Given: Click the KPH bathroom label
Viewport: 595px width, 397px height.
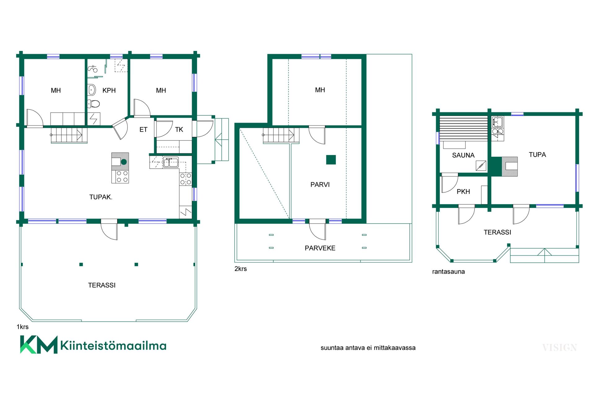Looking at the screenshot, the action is (x=109, y=91).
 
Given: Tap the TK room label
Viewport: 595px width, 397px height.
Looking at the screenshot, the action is (x=179, y=130).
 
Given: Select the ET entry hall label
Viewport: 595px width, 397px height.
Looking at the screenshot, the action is (x=143, y=130).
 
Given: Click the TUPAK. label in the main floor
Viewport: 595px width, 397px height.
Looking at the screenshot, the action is (x=101, y=197).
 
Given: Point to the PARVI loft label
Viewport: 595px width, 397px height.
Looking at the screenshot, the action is (x=320, y=185).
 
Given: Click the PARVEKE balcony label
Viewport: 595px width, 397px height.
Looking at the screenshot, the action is (x=320, y=248).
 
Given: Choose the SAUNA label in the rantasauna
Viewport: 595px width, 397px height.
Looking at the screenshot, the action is (x=463, y=155).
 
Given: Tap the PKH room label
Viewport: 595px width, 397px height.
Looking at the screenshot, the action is (x=463, y=192).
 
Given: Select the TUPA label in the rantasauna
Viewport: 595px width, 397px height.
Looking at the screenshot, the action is (x=537, y=155).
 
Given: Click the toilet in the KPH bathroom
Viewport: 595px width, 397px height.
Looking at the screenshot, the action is (x=93, y=103).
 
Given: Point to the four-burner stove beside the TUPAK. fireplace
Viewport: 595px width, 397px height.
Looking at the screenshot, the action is (x=122, y=176).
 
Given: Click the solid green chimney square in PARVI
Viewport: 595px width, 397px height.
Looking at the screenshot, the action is (x=331, y=160).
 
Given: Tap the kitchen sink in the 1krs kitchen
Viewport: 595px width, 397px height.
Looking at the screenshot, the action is (x=171, y=162).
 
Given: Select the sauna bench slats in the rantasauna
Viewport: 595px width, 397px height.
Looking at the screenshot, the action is (x=464, y=129).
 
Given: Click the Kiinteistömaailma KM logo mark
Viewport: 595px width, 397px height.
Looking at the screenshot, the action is (x=39, y=345).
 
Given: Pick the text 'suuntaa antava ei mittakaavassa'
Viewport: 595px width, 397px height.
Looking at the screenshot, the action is (x=368, y=348).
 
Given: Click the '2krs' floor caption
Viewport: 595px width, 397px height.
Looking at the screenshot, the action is (x=241, y=269).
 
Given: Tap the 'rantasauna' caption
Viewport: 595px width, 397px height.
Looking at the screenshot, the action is (x=448, y=272).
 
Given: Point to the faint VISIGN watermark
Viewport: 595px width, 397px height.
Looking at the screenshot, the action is (x=559, y=348).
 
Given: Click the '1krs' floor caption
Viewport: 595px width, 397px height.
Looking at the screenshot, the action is (x=23, y=327).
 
